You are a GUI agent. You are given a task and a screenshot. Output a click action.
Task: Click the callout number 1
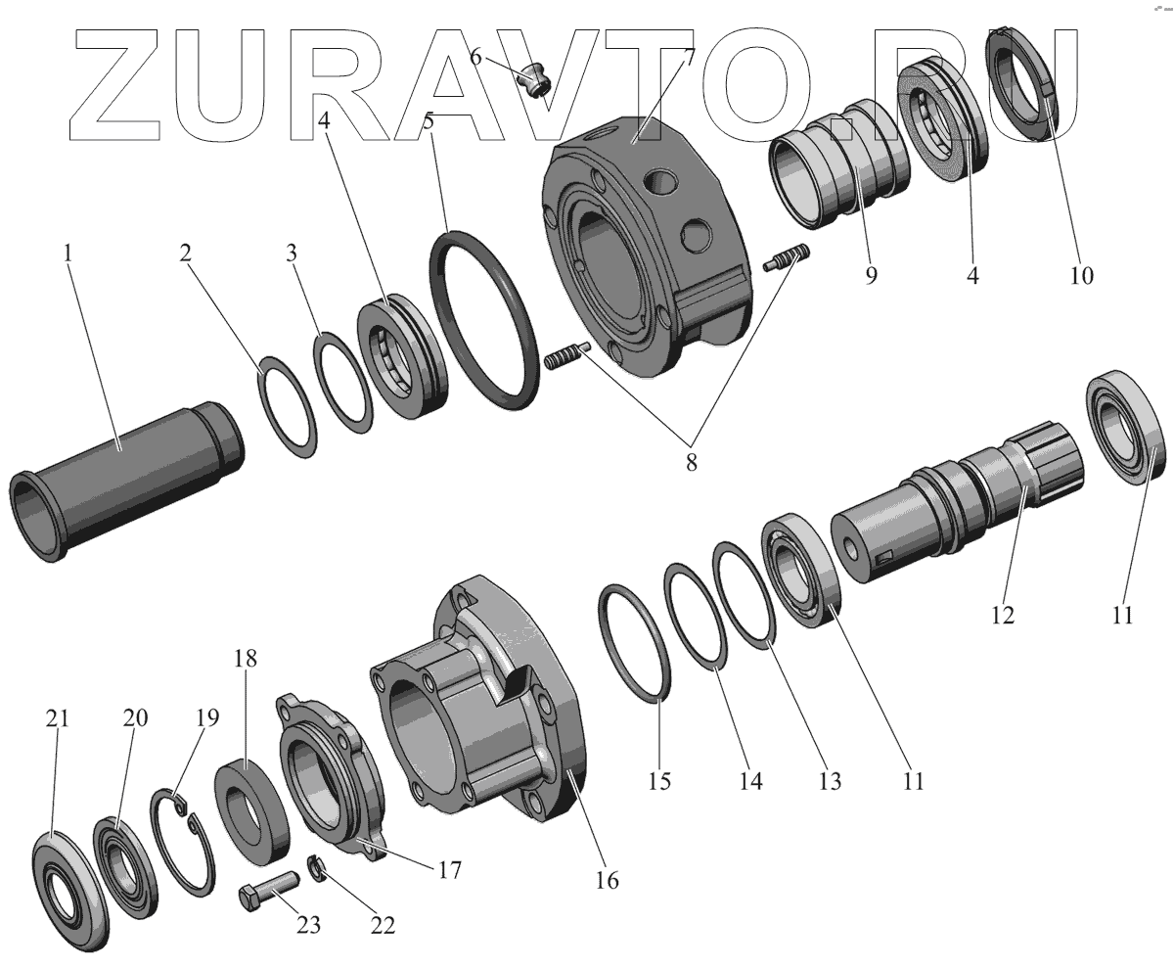pyautogui.click(x=68, y=254)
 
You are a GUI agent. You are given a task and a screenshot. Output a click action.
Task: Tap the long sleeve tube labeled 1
pyautogui.click(x=126, y=482)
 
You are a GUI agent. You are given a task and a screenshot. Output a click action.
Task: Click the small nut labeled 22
pyautogui.click(x=317, y=867)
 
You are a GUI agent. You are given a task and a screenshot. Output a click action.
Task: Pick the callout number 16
pyautogui.click(x=607, y=881)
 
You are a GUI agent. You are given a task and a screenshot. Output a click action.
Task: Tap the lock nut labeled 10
pyautogui.click(x=1021, y=84)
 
